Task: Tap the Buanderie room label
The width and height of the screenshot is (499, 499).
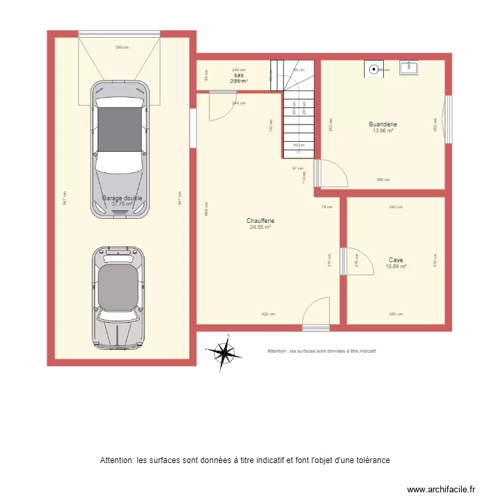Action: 383,124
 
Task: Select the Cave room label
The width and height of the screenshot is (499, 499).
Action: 396,260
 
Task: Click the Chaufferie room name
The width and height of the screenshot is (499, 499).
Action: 260,221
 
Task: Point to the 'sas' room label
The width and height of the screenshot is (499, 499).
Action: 238,76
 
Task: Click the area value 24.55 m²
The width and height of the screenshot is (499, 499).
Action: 260,228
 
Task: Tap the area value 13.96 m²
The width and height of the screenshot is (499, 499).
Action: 383,131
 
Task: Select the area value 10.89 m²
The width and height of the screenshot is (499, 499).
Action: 396,267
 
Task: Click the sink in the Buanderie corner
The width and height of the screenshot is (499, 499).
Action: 408,67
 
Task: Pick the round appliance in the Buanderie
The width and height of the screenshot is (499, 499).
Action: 375,69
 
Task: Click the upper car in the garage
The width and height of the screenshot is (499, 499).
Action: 120,150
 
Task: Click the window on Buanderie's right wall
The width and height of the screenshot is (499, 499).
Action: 448,120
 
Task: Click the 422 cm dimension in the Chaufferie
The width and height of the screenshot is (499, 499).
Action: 268,314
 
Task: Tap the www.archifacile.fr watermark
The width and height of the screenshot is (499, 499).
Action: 441,488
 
